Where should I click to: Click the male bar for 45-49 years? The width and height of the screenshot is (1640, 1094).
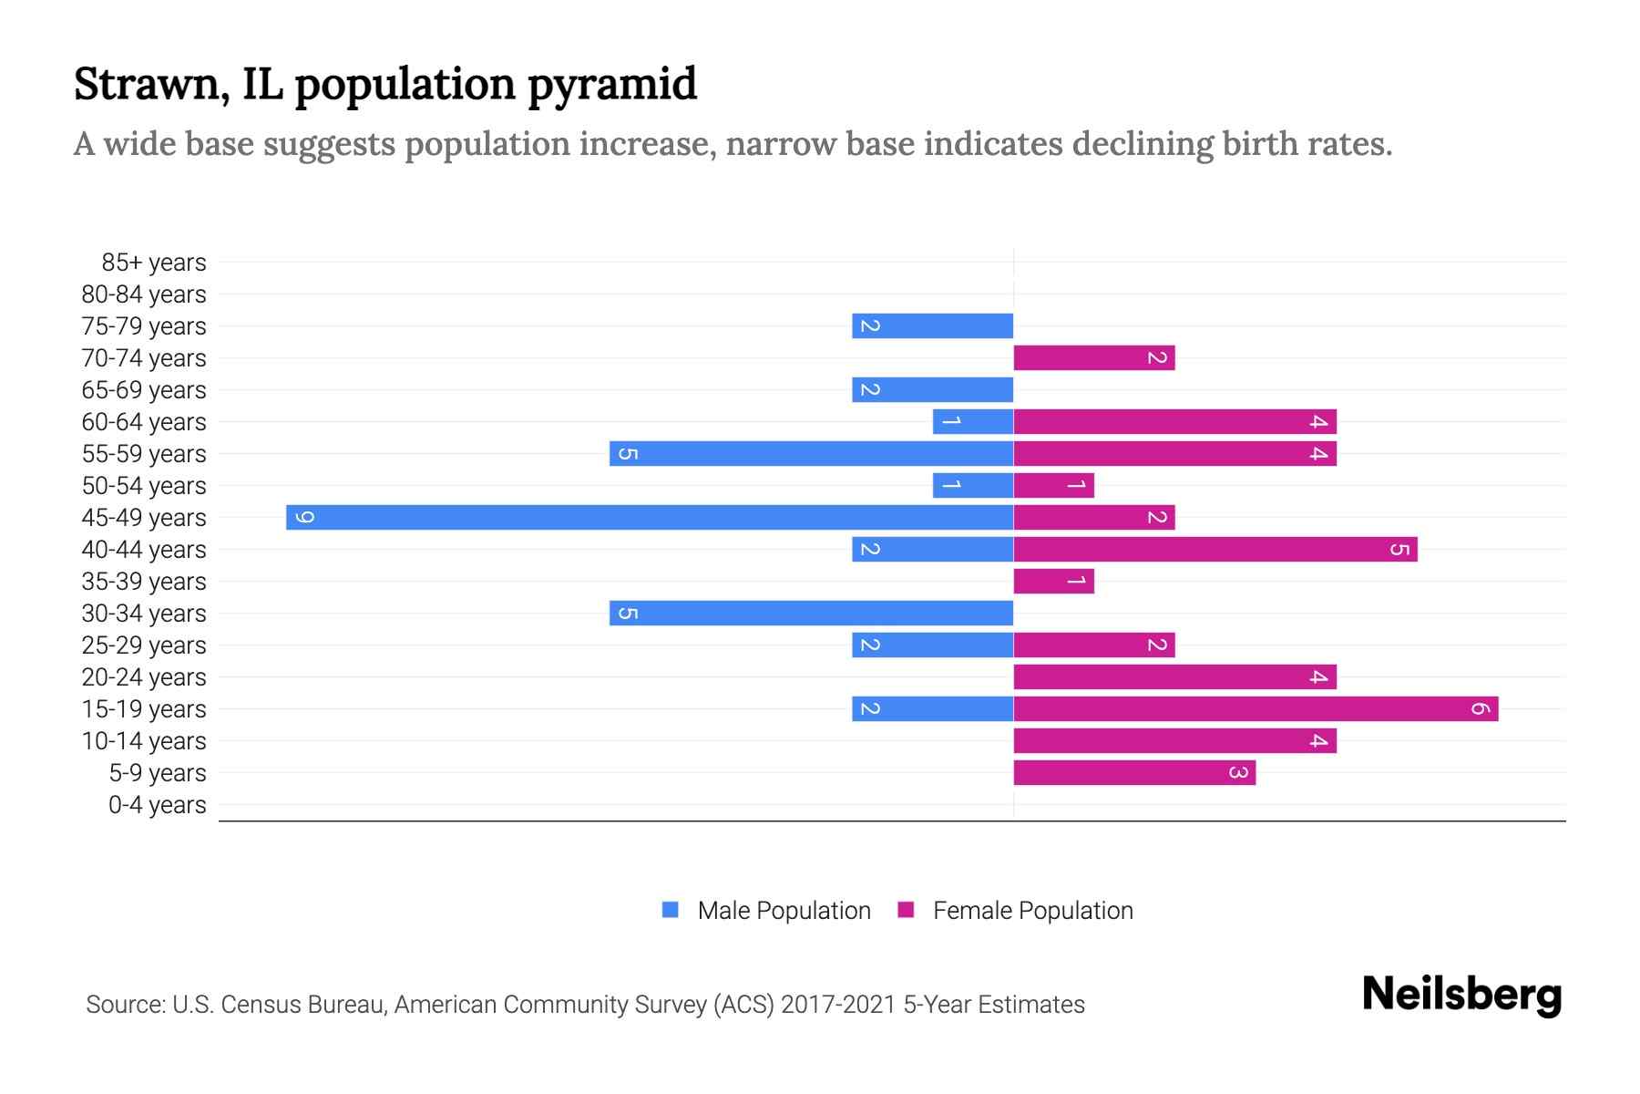pos(649,518)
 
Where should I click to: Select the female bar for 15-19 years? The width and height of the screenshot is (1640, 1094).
pos(1256,709)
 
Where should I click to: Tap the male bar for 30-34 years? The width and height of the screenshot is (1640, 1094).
pos(811,614)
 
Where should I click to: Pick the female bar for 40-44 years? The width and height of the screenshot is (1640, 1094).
pos(1215,550)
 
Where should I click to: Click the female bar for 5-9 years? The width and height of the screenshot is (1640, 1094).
pos(1134,773)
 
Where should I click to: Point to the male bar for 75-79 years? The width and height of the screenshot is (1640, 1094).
pos(932,326)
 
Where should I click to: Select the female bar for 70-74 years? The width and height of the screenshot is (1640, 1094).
pos(1093,358)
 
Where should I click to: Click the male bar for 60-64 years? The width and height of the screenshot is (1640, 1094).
pos(973,422)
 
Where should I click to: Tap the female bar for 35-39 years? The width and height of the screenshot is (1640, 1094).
pos(1053,582)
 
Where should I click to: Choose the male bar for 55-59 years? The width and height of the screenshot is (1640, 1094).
pos(811,454)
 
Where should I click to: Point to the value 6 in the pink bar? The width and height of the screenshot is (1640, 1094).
pos(1480,709)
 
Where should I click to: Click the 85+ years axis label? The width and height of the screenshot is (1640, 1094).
pos(153,263)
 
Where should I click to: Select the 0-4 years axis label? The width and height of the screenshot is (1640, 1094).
pos(157,805)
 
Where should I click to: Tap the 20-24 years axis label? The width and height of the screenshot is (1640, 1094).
pos(144,677)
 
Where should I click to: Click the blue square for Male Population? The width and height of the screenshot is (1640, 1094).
pos(671,910)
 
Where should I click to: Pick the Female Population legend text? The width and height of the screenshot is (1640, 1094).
pos(1032,911)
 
